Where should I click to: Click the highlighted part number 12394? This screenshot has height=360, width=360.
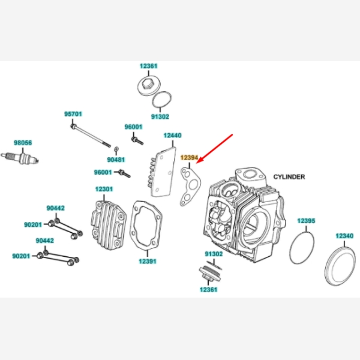(189, 157)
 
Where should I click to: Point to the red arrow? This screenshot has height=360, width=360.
(217, 147)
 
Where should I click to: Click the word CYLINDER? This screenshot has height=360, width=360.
(289, 177)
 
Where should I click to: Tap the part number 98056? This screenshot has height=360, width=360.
(23, 143)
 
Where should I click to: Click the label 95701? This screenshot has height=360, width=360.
(73, 113)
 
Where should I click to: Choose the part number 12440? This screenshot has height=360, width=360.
(172, 136)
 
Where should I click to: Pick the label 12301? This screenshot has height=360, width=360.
(104, 189)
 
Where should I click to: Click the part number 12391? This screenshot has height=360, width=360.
(148, 261)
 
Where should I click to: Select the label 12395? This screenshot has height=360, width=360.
(306, 221)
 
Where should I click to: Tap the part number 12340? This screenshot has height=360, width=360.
(344, 236)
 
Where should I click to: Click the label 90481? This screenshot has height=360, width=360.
(116, 160)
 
